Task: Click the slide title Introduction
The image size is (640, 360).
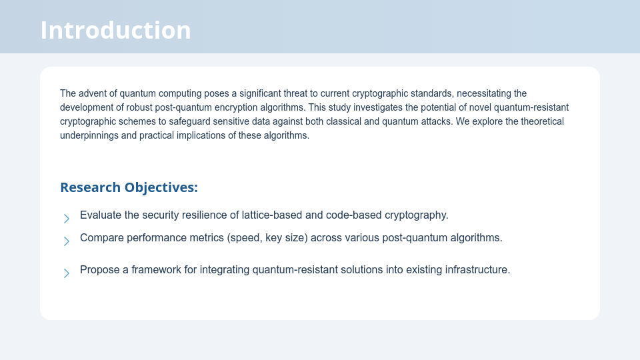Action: (x=115, y=30)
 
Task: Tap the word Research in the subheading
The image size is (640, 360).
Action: (x=90, y=187)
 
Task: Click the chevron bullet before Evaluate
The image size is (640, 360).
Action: (x=67, y=219)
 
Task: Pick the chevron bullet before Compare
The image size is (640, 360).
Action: (x=67, y=241)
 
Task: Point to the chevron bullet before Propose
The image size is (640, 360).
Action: (x=67, y=273)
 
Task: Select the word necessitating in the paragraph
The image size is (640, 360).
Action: (x=484, y=93)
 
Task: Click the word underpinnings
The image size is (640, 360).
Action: (x=89, y=135)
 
